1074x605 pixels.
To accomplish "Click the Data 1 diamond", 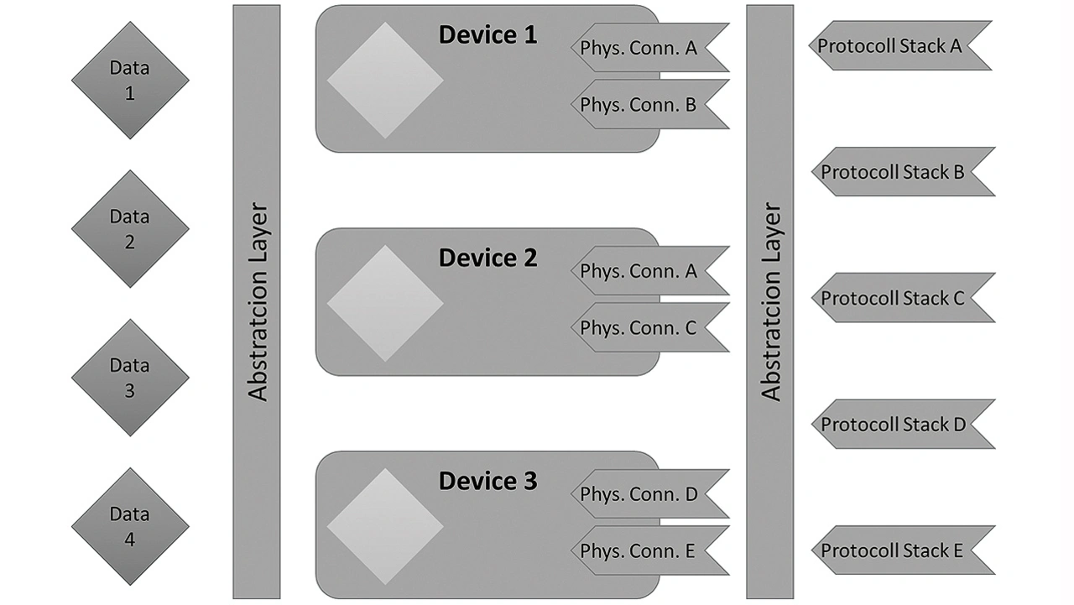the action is click(130, 80).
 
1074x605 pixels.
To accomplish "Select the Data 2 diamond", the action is click(130, 229).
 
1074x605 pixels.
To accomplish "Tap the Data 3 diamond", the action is click(130, 378).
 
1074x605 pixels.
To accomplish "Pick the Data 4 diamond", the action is click(130, 526).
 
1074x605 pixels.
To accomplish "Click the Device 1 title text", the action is click(487, 35).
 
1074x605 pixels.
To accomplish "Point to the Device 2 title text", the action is click(487, 258).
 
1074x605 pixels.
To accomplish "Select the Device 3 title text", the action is click(487, 481).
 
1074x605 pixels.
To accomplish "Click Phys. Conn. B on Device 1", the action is click(650, 104).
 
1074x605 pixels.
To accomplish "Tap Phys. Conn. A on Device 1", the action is click(650, 48).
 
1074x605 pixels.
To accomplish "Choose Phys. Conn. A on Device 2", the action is click(650, 270).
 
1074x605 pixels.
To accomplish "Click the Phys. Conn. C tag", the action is click(650, 327).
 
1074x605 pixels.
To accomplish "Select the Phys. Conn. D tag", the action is click(650, 493).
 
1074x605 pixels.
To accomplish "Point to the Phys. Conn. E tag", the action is click(650, 550).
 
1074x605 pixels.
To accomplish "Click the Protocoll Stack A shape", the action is click(900, 45).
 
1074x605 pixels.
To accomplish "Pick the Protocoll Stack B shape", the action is click(904, 172).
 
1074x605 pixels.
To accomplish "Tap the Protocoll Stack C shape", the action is click(904, 298).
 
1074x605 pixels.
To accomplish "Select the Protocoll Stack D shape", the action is click(904, 424).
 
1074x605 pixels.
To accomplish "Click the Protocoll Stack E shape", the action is click(904, 550).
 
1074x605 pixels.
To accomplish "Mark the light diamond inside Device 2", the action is click(385, 304).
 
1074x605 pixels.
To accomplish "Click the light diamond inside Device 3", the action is click(385, 526).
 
